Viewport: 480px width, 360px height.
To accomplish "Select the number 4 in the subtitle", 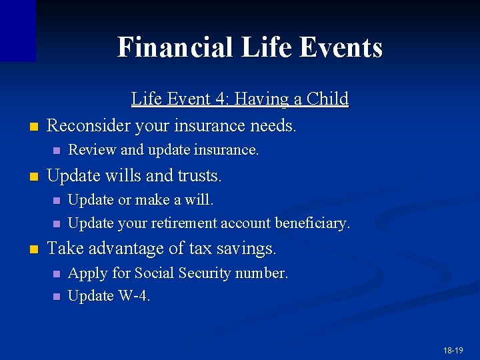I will [219, 99].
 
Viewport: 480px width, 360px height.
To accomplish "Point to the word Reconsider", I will [89, 125].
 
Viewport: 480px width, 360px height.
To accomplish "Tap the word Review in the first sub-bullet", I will [90, 151].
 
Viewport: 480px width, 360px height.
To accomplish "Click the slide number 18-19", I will [453, 350].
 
